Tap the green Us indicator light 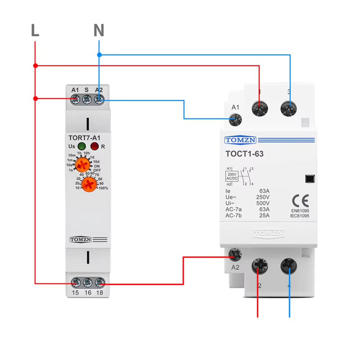click(82, 146)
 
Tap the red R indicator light click(94, 146)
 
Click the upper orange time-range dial click(83, 166)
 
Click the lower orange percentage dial click(89, 185)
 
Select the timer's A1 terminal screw click(75, 99)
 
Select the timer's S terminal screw click(87, 99)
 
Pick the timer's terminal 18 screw click(99, 283)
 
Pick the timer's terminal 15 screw click(76, 283)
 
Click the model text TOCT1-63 click(244, 154)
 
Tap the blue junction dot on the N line click(99, 55)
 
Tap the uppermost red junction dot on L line click(35, 66)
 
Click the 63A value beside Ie click(265, 191)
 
